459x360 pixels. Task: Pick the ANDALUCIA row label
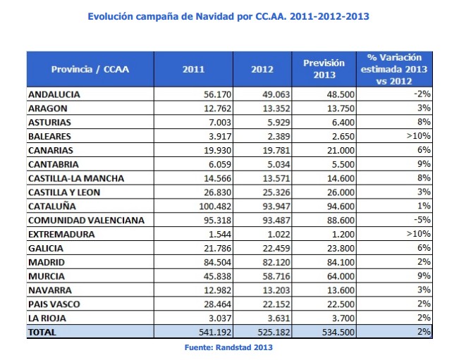pos(54,94)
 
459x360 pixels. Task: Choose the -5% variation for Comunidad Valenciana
pos(422,221)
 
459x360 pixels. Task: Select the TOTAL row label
pos(42,332)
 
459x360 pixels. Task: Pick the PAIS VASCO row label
pos(54,304)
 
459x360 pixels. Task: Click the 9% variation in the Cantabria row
pos(424,164)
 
